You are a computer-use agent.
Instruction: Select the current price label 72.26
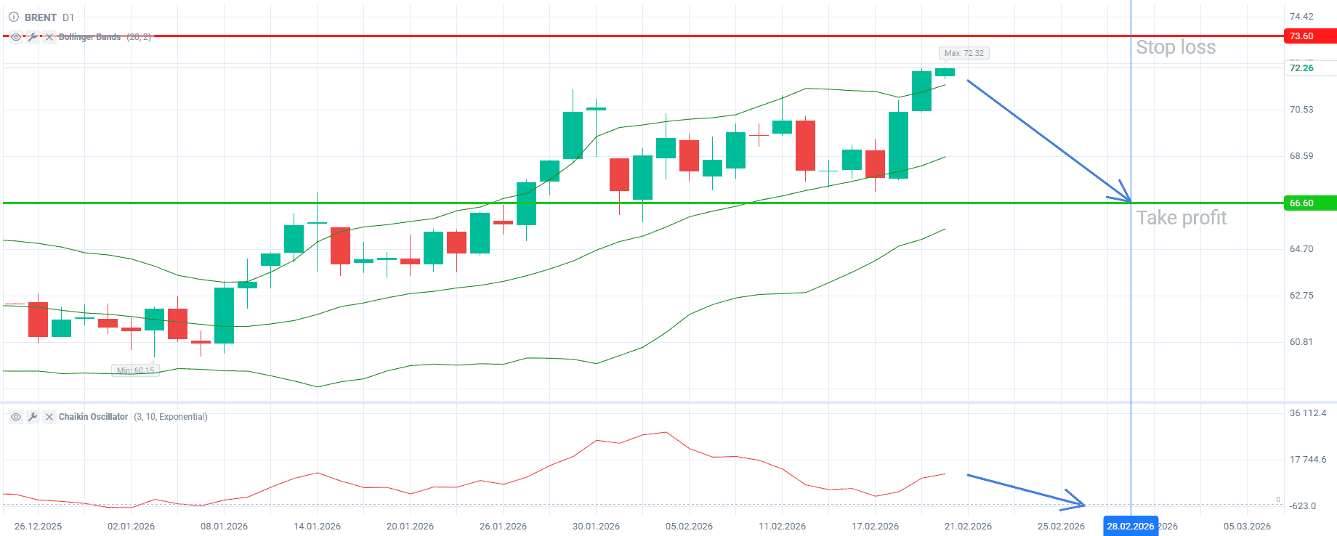pyautogui.click(x=1301, y=68)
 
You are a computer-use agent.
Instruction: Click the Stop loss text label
pyautogui.click(x=1176, y=47)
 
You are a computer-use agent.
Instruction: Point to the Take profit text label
pyautogui.click(x=1182, y=218)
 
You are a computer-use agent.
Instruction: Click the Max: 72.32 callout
pyautogui.click(x=964, y=53)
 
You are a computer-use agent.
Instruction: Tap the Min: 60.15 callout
pyautogui.click(x=135, y=370)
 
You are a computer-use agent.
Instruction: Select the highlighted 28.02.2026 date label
pyautogui.click(x=1130, y=527)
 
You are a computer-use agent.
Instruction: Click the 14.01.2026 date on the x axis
pyautogui.click(x=317, y=527)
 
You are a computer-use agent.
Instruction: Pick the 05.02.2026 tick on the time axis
pyautogui.click(x=689, y=527)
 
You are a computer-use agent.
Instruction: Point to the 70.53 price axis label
pyautogui.click(x=1301, y=110)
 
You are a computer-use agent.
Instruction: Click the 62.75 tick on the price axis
pyautogui.click(x=1301, y=296)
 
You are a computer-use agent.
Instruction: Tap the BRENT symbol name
pyautogui.click(x=41, y=17)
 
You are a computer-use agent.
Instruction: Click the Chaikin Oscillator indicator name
pyautogui.click(x=93, y=417)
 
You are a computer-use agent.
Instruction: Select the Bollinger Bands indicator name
pyautogui.click(x=89, y=37)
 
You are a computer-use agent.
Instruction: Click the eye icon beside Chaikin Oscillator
pyautogui.click(x=16, y=417)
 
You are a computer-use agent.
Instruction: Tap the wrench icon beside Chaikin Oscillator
pyautogui.click(x=33, y=417)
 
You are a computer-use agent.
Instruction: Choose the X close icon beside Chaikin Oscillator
pyautogui.click(x=49, y=417)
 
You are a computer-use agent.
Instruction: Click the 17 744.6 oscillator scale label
pyautogui.click(x=1308, y=460)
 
